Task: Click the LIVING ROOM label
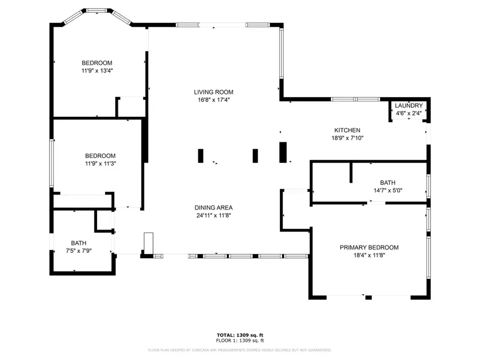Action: tap(213, 92)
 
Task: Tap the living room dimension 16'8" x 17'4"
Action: tap(213, 99)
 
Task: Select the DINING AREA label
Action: tap(213, 207)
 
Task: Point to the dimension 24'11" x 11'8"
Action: tap(213, 215)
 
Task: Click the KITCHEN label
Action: tap(347, 130)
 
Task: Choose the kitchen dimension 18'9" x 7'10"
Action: tap(347, 138)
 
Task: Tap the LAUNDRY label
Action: tap(409, 106)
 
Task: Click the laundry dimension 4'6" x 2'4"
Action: tap(409, 113)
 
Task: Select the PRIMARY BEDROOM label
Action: tap(369, 247)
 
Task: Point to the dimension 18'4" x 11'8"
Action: tap(369, 255)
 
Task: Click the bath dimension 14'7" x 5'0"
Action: tap(388, 190)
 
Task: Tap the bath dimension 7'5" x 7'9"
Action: tap(79, 251)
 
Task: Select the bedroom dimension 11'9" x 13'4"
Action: tap(97, 70)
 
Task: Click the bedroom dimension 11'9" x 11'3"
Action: tap(100, 164)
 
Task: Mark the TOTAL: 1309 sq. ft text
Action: tap(239, 335)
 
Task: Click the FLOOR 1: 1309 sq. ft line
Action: tap(239, 340)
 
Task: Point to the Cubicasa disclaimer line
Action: tap(239, 350)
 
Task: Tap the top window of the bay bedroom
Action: tap(97, 10)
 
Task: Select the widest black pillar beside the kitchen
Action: tap(283, 152)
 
